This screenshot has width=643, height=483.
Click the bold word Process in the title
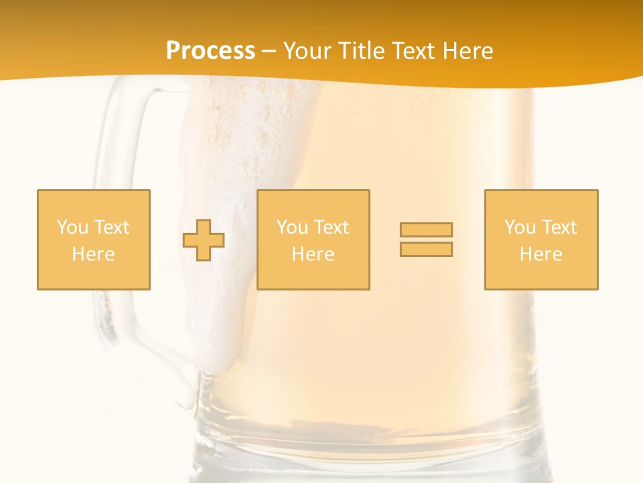[x=210, y=51]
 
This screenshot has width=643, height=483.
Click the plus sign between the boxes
[x=204, y=240]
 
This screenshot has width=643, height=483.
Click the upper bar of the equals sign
[x=426, y=229]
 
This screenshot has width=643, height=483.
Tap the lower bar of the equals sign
[x=426, y=250]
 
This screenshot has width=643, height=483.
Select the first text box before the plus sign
[x=94, y=239]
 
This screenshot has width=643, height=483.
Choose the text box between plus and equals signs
[x=313, y=239]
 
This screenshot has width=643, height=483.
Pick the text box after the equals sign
[x=541, y=239]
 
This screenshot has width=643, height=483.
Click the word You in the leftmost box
[x=72, y=227]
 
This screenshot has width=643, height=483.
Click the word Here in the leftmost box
[x=93, y=254]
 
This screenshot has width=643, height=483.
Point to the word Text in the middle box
[x=332, y=227]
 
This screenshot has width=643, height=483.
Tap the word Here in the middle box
[x=313, y=254]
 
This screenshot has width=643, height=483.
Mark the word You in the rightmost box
[x=519, y=227]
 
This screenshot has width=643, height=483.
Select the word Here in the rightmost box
[x=541, y=254]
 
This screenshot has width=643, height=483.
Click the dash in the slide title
[x=269, y=52]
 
